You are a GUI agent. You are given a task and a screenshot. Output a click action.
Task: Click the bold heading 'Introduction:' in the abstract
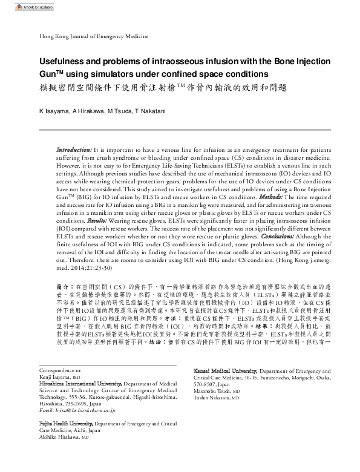(74, 149)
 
